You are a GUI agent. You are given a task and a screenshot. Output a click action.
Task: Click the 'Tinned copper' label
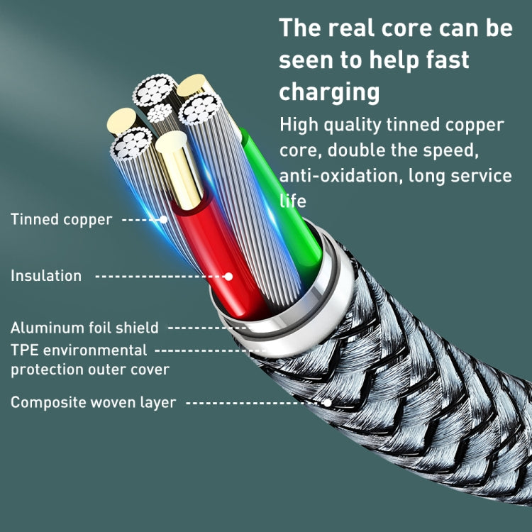point(61,219)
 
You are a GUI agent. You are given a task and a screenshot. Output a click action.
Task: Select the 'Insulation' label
point(46,275)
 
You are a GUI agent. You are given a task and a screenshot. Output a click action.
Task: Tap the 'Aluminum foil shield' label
point(84,328)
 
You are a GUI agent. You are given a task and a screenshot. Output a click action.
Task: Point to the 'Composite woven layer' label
point(93,402)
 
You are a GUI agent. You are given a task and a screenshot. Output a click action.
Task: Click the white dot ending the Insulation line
point(228,276)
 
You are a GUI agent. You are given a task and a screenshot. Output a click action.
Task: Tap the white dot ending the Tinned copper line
point(164,220)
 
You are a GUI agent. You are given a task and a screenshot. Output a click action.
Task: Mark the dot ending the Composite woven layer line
point(328,402)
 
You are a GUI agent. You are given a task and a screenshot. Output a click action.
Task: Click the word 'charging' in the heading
point(329,92)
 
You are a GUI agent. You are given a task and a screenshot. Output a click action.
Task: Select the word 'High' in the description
point(299,126)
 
